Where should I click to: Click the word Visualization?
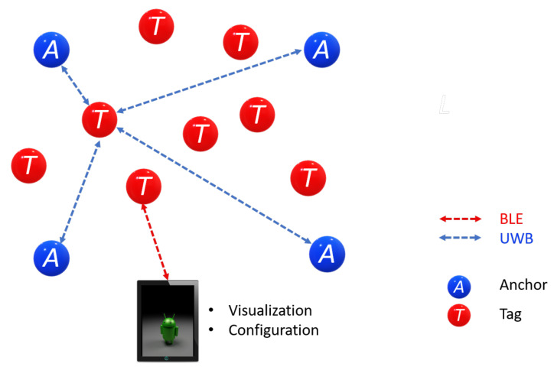point(270,310)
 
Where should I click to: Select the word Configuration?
point(273,330)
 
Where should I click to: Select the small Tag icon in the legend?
point(458,313)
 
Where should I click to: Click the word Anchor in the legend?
point(523,285)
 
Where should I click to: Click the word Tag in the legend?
point(510,313)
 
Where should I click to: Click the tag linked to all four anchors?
point(100,118)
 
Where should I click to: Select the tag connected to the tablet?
point(143,186)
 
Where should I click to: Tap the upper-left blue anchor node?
point(51,50)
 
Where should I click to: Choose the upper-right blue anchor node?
point(321,50)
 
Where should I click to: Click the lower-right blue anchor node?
point(327,253)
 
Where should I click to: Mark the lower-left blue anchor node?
point(52,258)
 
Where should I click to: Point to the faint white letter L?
point(444,105)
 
